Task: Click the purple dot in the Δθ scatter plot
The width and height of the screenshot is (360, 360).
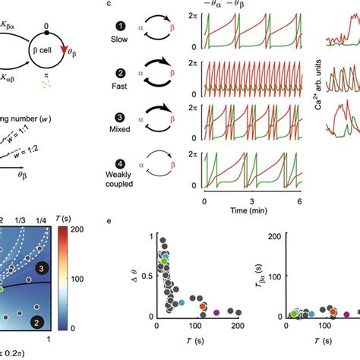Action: point(217,312)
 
